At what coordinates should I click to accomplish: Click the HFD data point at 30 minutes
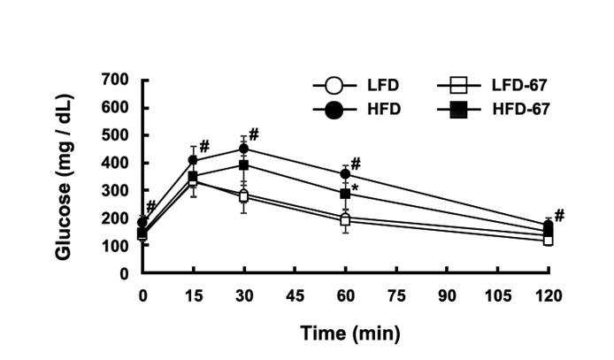244,149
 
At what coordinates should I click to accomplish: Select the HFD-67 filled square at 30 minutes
244,165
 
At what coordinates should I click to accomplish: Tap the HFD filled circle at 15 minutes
193,160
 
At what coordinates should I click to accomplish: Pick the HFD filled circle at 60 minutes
345,173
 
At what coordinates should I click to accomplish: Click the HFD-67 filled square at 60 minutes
345,194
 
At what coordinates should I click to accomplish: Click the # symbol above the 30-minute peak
254,135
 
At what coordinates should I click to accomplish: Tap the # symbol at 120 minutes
559,215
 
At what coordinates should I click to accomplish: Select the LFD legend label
383,85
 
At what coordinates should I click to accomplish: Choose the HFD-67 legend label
521,109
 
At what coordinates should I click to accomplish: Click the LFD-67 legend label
519,85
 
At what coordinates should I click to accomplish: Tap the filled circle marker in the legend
334,110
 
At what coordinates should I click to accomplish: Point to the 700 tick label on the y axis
115,80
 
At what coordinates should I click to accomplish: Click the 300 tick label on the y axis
115,190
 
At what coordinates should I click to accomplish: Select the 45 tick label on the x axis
295,295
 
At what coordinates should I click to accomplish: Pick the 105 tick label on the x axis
498,295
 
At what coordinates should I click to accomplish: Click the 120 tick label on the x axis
549,295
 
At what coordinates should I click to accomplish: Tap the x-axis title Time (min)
351,333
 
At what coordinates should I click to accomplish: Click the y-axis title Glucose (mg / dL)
65,177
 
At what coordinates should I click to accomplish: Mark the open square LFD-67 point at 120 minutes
549,241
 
